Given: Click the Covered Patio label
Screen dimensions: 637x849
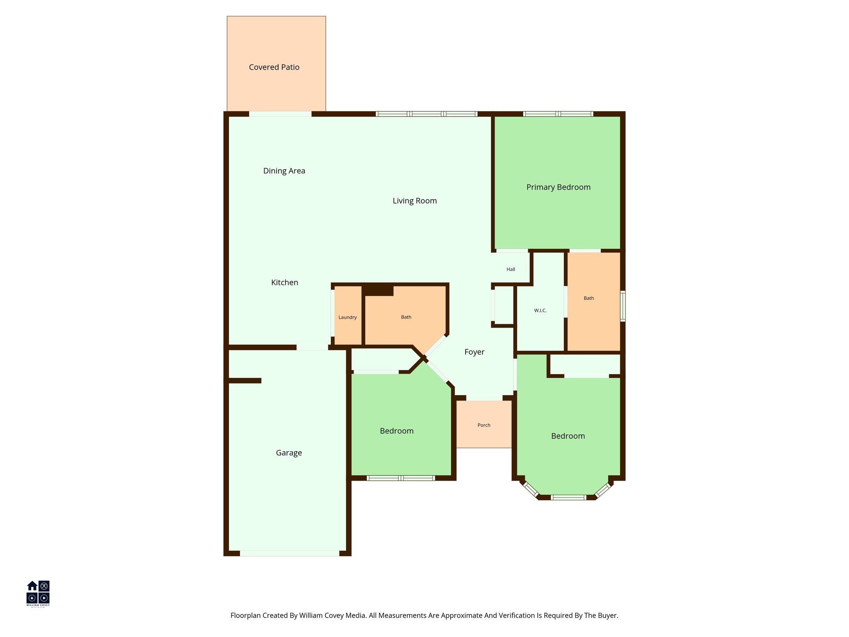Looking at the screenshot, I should pyautogui.click(x=274, y=67).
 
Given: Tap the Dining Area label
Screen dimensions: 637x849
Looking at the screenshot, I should pyautogui.click(x=284, y=171).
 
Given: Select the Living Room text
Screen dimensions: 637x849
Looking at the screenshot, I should pyautogui.click(x=415, y=201).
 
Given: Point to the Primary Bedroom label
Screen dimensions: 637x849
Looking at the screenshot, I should pyautogui.click(x=558, y=187).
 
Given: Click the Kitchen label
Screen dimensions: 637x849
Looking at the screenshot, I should pyautogui.click(x=284, y=282).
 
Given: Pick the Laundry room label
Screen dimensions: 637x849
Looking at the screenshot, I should pyautogui.click(x=347, y=317).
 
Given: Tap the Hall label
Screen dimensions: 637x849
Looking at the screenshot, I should pyautogui.click(x=511, y=269).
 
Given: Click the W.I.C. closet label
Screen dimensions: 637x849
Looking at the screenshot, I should pyautogui.click(x=540, y=310).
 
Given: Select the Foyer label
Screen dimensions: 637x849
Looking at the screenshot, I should pyautogui.click(x=474, y=352).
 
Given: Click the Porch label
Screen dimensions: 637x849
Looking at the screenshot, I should pyautogui.click(x=484, y=425).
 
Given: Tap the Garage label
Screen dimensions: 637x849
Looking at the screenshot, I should pyautogui.click(x=289, y=453).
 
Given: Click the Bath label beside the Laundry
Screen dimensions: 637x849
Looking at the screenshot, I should pyautogui.click(x=406, y=317).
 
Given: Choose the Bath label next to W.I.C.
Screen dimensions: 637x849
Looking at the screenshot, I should pyautogui.click(x=589, y=298).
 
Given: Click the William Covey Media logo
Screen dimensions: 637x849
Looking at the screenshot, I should pyautogui.click(x=38, y=593).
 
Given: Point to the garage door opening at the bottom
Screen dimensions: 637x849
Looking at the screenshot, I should pyautogui.click(x=289, y=553).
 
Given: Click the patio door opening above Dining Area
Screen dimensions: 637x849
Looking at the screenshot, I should pyautogui.click(x=280, y=114).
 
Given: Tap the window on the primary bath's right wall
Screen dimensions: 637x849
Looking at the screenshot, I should pyautogui.click(x=623, y=306).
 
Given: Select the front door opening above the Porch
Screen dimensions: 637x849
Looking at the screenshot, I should pyautogui.click(x=484, y=398).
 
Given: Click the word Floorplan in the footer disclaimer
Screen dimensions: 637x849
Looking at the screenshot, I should pyautogui.click(x=245, y=615).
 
